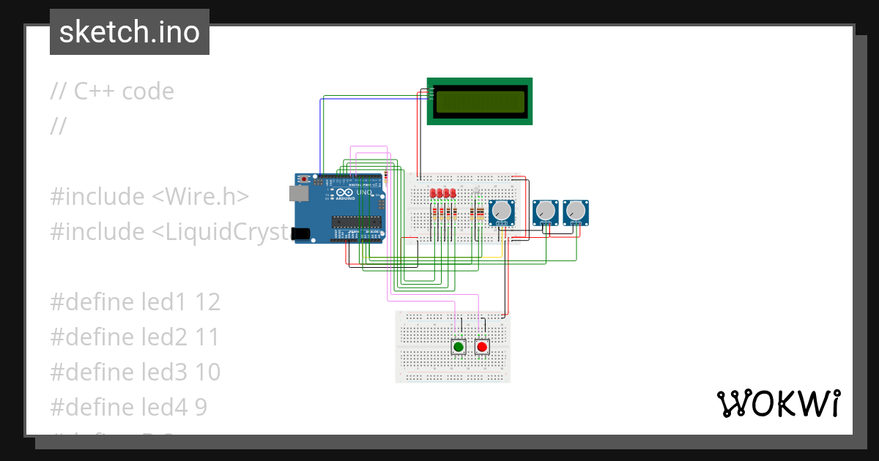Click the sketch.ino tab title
130,32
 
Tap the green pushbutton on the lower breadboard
459,347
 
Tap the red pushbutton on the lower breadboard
481,347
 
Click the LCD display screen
481,102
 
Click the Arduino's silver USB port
298,193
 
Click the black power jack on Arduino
300,233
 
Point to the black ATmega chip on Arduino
356,222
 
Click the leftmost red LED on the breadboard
434,193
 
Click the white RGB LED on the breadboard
476,192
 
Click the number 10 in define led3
208,372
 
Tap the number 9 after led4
201,408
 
